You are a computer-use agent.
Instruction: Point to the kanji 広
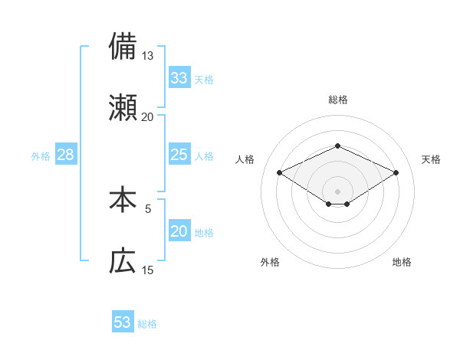123,262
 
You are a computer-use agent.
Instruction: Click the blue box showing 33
179,78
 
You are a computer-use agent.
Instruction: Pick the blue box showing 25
179,155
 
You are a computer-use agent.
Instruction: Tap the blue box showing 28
66,155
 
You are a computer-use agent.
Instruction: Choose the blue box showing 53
123,322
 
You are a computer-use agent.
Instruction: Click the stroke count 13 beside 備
148,56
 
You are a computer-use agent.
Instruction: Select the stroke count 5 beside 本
148,208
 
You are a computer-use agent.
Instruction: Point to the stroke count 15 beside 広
148,270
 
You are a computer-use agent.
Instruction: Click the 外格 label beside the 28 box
41,155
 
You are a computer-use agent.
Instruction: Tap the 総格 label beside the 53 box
147,324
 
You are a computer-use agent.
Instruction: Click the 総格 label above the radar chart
337,100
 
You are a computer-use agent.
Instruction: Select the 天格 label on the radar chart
431,159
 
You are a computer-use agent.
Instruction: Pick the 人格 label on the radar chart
245,159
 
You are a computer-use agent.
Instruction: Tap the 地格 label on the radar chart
402,262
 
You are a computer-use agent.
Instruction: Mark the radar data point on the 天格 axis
396,172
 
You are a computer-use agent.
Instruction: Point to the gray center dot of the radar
337,191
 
